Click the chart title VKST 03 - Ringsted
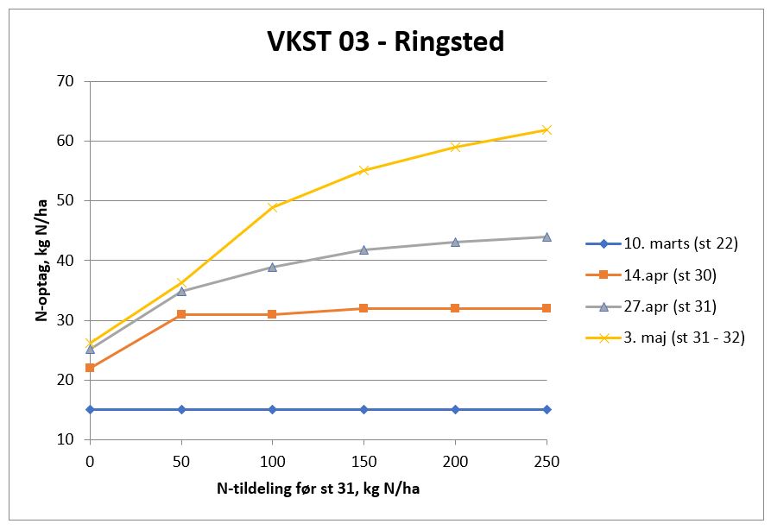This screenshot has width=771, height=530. tap(385, 41)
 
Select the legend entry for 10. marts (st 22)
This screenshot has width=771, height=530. tap(680, 243)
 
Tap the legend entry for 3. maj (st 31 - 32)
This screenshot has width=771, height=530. tap(684, 338)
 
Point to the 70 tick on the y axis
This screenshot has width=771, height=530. tap(66, 81)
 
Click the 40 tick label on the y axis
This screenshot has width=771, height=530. tap(66, 261)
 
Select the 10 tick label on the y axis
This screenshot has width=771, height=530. tap(66, 439)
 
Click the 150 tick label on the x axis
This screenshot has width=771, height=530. tap(363, 462)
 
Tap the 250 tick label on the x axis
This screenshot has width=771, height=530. tap(546, 462)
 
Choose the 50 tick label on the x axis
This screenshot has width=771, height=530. tap(181, 462)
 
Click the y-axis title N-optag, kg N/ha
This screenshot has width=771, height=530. tap(41, 260)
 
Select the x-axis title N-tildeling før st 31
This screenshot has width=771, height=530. tap(318, 489)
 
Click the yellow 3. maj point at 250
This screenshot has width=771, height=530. tap(546, 129)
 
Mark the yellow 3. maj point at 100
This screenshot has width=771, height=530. tap(272, 207)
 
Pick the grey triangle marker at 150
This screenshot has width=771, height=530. tap(363, 249)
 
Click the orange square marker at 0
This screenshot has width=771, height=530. tap(90, 368)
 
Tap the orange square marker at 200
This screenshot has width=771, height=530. tap(455, 308)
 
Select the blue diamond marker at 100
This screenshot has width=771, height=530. tap(272, 409)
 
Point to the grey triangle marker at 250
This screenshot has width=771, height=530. tap(546, 237)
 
